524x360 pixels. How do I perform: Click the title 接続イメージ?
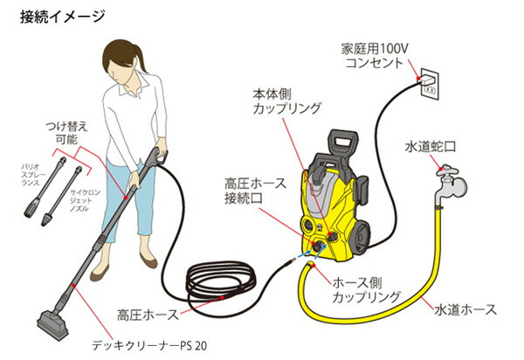coord(62,16)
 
